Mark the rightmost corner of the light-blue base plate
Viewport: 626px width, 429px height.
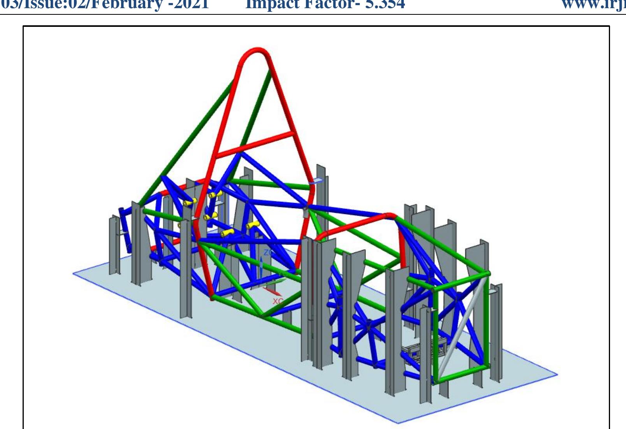[x=557, y=375]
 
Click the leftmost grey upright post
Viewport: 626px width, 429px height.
[x=114, y=245]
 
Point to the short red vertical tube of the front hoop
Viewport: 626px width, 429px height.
[x=402, y=249]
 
